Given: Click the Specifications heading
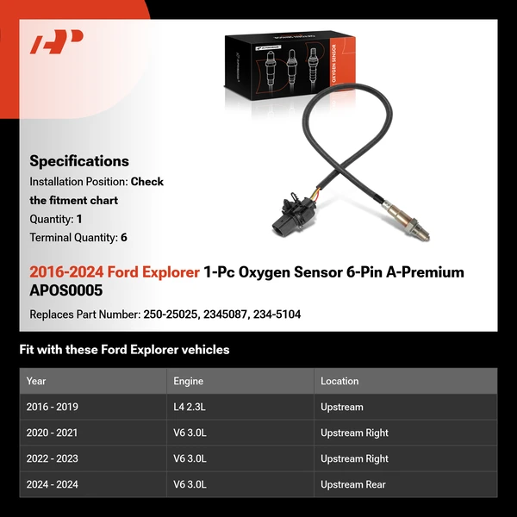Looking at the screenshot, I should point(79,160).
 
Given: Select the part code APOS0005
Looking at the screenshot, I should point(65,290).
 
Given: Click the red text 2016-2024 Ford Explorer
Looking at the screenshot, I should point(114,272).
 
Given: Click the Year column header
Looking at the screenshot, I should point(36,381).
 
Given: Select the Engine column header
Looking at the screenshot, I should point(189,381).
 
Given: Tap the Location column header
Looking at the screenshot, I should point(339,381).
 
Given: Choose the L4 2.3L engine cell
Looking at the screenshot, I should point(190,407).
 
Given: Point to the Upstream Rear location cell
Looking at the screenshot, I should point(353,484).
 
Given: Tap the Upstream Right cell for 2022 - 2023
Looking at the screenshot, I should point(354,458).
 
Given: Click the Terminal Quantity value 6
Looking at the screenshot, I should point(124,237).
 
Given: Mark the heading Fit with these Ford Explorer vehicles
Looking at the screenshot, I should point(124,350).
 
